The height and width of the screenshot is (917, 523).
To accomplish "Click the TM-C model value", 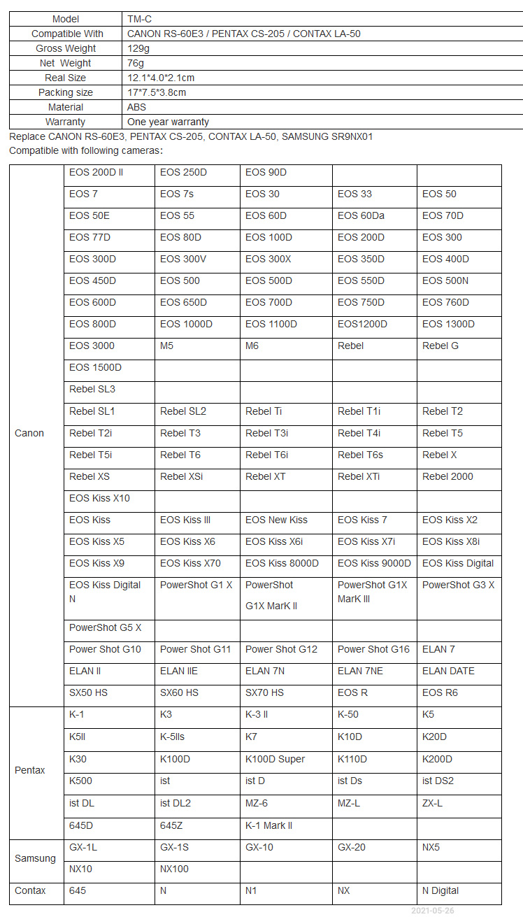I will coord(139,19).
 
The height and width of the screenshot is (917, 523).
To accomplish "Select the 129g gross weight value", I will coord(138,48).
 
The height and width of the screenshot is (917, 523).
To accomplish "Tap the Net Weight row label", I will coord(65,63).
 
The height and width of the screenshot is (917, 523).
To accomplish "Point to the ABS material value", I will coord(137,107).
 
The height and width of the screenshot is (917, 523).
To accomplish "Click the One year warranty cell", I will coord(168,122).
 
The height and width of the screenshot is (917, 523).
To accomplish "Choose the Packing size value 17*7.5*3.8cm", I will coord(157,92).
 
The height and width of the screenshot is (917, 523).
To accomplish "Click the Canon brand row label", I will coord(29,433).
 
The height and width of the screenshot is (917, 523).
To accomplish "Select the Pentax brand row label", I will coord(29,770).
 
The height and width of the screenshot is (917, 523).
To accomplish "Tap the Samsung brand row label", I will coord(35,858).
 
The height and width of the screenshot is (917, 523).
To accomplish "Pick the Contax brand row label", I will coord(30,890).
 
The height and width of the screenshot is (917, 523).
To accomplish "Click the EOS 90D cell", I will coord(266,172).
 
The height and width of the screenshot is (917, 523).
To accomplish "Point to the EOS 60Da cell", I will coord(361,215).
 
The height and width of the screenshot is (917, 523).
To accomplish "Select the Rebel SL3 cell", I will coord(92,389).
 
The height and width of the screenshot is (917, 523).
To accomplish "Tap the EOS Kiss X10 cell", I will coord(99,498).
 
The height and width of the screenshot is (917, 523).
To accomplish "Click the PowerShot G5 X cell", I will coord(105,627).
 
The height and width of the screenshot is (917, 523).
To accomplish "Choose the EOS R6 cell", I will coord(440,692).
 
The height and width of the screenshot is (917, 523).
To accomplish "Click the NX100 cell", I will coord(174,869).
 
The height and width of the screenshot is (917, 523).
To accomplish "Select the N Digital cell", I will coord(440,890).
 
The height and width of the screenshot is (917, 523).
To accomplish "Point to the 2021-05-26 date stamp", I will coord(432,911).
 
